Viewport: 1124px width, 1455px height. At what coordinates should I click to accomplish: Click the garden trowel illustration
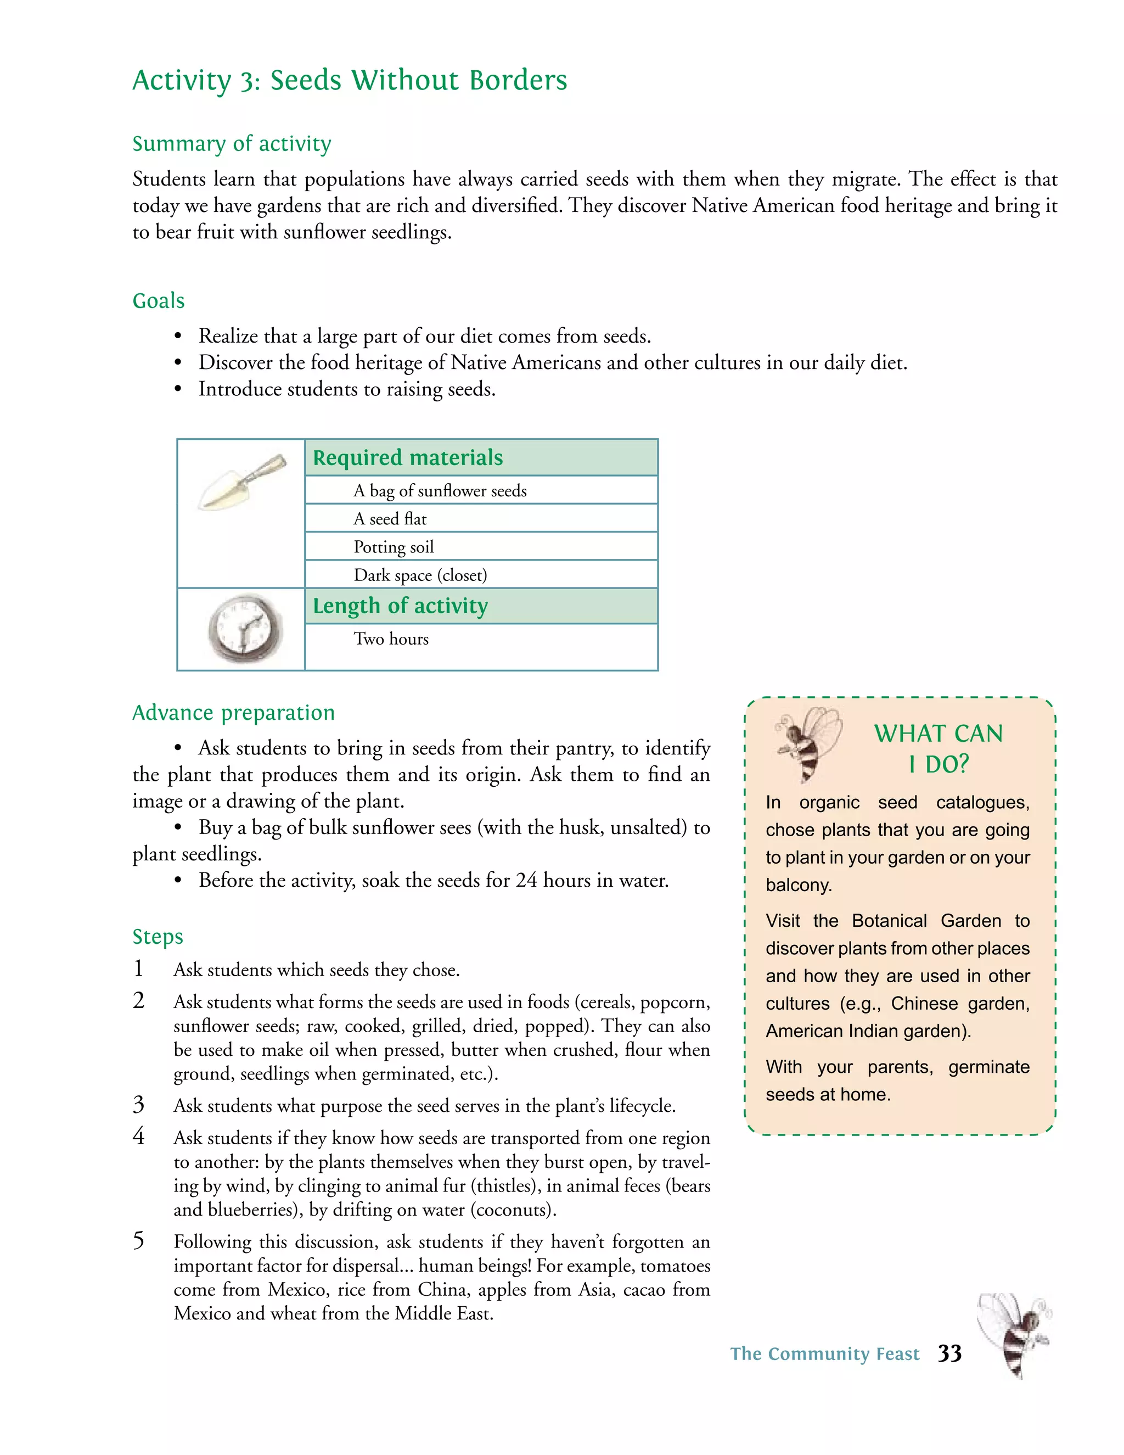pyautogui.click(x=241, y=482)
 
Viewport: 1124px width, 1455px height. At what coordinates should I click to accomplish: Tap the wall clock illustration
pyautogui.click(x=244, y=629)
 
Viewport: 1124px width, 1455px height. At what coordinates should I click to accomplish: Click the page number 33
pyautogui.click(x=949, y=1353)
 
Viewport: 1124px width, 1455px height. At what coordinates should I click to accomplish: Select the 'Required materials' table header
pyautogui.click(x=408, y=458)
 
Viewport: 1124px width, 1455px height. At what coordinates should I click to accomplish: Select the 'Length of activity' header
pyautogui.click(x=400, y=606)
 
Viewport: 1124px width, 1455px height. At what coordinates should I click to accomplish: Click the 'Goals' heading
pyautogui.click(x=159, y=300)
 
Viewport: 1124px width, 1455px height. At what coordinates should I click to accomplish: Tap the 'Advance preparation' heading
pyautogui.click(x=233, y=712)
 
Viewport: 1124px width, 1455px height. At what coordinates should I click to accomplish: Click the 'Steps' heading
pyautogui.click(x=158, y=936)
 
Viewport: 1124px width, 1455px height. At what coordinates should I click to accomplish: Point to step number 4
pyautogui.click(x=138, y=1136)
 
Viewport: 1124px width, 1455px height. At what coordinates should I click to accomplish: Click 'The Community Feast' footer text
pyautogui.click(x=824, y=1354)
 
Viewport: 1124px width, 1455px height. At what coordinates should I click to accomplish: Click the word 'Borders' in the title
pyautogui.click(x=518, y=80)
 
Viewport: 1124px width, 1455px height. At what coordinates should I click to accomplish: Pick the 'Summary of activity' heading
pyautogui.click(x=232, y=143)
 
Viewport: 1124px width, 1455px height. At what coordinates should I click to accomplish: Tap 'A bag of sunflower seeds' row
pyautogui.click(x=440, y=491)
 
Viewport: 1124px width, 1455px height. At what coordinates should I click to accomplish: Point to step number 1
pyautogui.click(x=138, y=968)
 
